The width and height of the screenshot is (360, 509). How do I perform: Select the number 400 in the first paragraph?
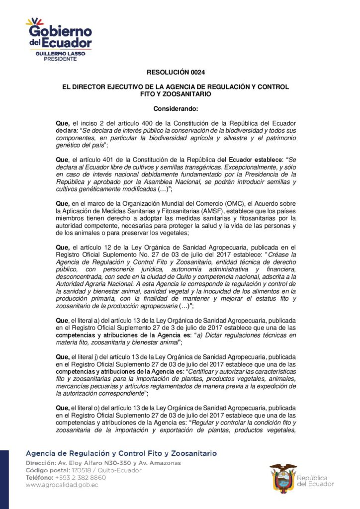142,122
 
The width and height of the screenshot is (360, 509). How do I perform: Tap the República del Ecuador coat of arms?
282,478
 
